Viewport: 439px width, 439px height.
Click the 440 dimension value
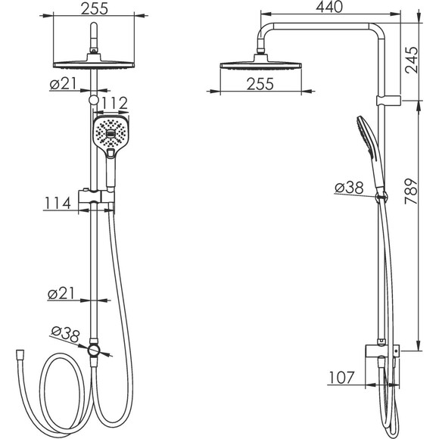coord(329,7)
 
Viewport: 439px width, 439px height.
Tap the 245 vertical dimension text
coord(412,60)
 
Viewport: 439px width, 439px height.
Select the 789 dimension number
coord(412,191)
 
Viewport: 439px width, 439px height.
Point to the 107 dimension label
coord(341,378)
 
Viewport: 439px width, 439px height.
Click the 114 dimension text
coord(58,204)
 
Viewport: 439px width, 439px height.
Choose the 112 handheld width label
coord(114,103)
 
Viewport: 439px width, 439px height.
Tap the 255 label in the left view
coord(95,8)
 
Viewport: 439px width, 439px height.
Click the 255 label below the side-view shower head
coord(260,84)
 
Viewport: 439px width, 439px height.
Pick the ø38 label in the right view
coord(349,187)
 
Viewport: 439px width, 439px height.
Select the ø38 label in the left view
coord(66,335)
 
